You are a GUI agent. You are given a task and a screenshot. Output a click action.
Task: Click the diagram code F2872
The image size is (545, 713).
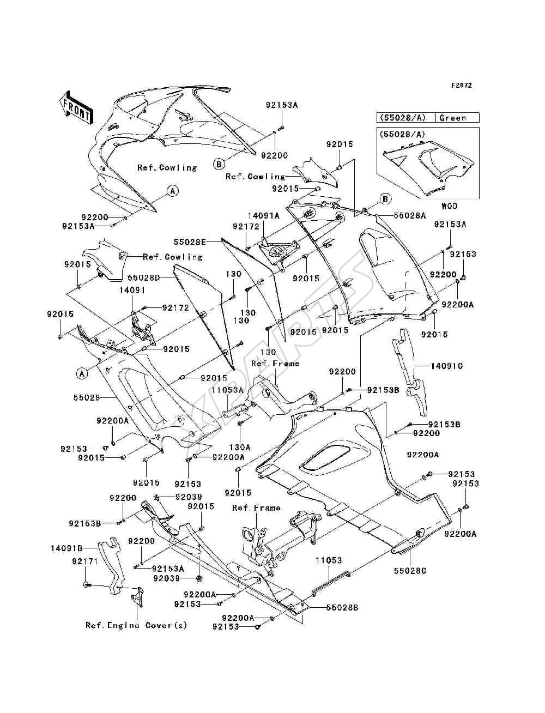(462, 86)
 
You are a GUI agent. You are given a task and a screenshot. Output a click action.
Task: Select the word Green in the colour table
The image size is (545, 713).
(452, 118)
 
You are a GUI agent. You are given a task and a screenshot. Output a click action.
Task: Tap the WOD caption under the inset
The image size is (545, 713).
(450, 206)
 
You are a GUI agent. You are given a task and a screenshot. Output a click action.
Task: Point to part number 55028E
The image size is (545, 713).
(190, 241)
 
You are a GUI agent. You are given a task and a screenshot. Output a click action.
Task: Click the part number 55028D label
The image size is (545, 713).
(143, 277)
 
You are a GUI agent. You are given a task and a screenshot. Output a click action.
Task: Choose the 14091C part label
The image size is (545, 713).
(446, 366)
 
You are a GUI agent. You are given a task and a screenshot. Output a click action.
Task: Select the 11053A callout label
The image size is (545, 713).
(227, 390)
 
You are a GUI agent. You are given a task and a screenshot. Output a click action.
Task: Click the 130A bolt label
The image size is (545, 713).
(240, 448)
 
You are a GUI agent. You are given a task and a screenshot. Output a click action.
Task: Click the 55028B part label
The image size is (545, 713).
(342, 607)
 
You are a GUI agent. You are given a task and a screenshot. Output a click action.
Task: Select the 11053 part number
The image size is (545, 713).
(329, 560)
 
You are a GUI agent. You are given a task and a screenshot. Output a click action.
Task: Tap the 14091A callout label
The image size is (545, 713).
(263, 215)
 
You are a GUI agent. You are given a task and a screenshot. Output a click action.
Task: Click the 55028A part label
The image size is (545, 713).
(409, 215)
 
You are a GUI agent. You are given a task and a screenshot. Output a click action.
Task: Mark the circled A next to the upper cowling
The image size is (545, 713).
(173, 191)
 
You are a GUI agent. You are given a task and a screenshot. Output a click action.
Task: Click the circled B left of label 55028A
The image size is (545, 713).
(385, 199)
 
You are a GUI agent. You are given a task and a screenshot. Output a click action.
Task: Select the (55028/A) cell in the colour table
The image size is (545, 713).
(401, 118)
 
